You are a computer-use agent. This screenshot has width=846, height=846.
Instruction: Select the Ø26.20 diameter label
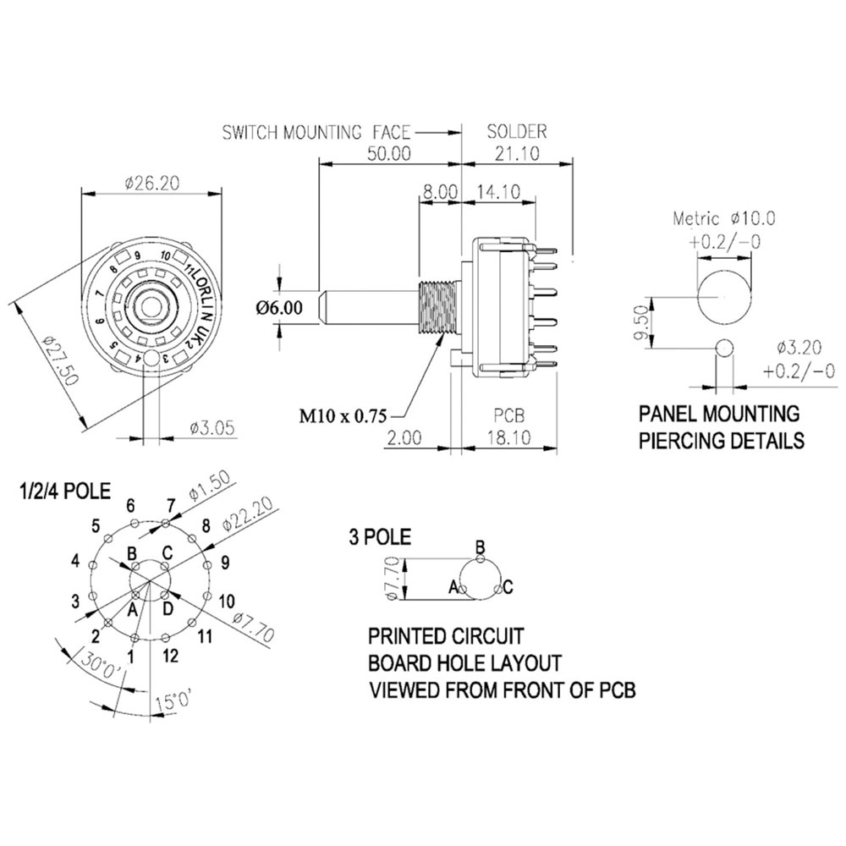click(x=154, y=184)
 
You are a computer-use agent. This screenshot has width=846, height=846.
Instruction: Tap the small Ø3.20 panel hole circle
click(x=724, y=347)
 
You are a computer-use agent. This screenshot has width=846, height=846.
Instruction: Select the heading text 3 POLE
click(x=380, y=536)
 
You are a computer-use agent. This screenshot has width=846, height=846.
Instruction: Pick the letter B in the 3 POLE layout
click(x=480, y=546)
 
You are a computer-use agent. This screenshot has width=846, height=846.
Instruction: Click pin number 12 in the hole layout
click(x=172, y=655)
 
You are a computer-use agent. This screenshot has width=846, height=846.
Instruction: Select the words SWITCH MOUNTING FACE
click(x=316, y=132)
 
